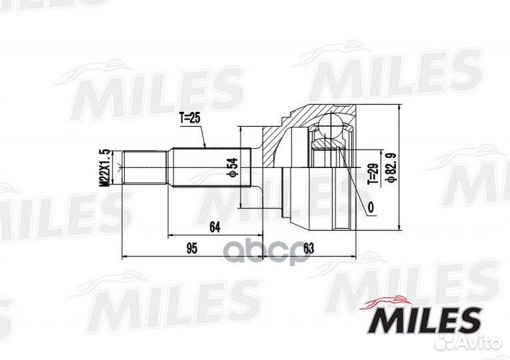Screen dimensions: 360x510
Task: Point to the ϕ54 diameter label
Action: click(x=231, y=168)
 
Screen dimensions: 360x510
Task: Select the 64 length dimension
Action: click(x=215, y=227)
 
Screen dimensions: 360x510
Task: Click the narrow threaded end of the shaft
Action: click(x=145, y=168)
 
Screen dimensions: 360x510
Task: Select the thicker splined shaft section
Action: click(x=210, y=168)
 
